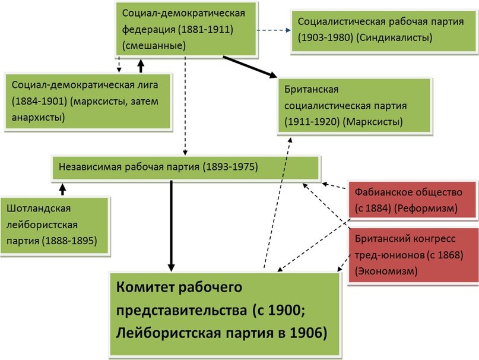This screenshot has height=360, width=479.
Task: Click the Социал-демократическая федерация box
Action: pos(187,29)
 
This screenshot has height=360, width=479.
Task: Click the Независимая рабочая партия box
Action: pos(188,167)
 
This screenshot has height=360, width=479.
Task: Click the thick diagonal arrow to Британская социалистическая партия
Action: pos(250,67)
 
